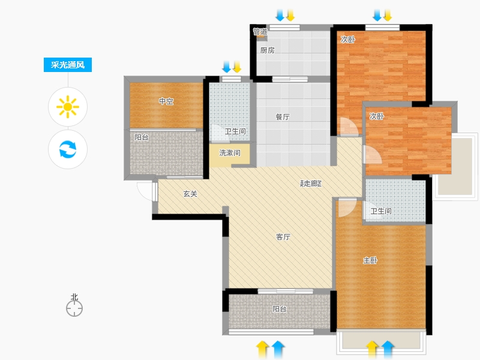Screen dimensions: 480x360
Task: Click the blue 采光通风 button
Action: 68,65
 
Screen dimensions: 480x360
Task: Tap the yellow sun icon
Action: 68,107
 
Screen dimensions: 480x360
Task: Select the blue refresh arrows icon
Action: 68,149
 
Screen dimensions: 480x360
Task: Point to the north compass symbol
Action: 74,305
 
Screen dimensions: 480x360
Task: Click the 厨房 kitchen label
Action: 267,50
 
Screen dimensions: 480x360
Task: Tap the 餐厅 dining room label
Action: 283,116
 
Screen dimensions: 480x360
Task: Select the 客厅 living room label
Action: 283,236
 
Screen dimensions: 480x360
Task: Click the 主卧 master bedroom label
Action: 370,260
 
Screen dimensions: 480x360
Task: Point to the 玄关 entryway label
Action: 190,193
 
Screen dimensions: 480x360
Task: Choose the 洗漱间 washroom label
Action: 230,152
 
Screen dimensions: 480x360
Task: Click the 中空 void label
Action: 166,101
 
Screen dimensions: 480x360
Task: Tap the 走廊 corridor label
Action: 311,183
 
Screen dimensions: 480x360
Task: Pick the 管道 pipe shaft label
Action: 260,31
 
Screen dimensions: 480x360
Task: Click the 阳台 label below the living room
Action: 280,309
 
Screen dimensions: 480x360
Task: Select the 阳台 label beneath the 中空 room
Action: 142,137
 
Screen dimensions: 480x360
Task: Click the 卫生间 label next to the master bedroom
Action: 381,211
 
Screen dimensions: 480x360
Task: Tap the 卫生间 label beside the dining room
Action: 235,131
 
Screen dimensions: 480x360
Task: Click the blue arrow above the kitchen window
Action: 280,15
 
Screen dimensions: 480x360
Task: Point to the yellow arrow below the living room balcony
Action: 262,349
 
